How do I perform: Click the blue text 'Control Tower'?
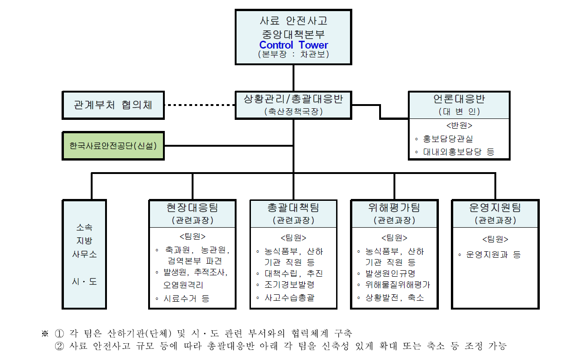click(x=293, y=45)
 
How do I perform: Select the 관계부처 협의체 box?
click(x=113, y=105)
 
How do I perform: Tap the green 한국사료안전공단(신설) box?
click(x=113, y=145)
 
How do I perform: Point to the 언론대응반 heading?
click(x=459, y=99)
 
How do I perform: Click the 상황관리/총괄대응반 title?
click(x=293, y=99)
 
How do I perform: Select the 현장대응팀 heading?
click(x=192, y=207)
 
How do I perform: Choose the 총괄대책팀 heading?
click(x=293, y=207)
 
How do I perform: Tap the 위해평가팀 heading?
click(x=394, y=207)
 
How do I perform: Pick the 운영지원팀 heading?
click(x=495, y=207)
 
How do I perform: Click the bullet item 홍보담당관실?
click(x=448, y=139)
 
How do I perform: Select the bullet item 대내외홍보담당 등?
click(x=458, y=152)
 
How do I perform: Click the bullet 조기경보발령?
click(x=289, y=285)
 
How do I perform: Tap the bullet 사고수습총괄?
click(x=289, y=298)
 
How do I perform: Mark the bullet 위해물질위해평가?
click(x=397, y=285)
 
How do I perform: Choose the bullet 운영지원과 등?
click(x=493, y=254)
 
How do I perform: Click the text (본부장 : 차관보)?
click(x=293, y=55)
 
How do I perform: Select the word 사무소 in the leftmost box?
click(x=84, y=254)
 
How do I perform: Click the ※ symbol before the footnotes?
click(x=45, y=333)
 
